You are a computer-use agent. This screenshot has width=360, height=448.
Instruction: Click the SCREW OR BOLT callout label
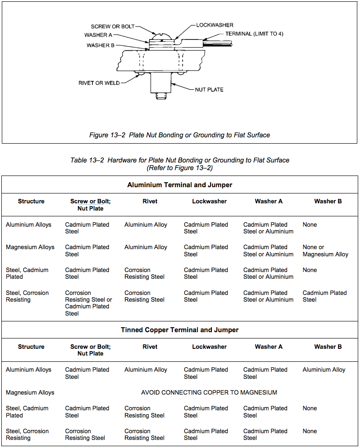pos(113,26)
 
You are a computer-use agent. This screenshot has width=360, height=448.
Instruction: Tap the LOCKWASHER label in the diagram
pos(215,25)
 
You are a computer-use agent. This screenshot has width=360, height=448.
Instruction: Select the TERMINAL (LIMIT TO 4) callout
pos(254,34)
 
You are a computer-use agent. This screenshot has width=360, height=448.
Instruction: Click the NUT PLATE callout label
pos(209,89)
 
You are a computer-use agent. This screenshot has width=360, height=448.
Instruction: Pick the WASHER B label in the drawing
pos(101,45)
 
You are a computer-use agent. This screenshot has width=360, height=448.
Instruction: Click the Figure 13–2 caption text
pos(180,135)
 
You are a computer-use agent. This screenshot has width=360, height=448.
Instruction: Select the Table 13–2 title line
pos(180,160)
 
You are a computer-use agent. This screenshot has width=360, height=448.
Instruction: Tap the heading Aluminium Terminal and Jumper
pos(180,185)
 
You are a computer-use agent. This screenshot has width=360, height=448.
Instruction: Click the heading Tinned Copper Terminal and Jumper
pos(180,330)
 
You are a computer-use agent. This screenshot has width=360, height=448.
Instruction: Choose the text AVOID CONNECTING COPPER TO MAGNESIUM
pos(209,392)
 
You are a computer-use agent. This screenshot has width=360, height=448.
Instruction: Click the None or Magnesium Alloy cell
pos(325,250)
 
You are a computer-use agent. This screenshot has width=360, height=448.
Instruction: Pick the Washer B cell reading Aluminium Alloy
pos(324,370)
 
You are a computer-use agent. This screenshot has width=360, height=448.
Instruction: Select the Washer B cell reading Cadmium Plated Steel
pos(325,296)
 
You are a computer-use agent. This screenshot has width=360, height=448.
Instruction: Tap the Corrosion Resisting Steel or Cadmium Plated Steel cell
pos(88,303)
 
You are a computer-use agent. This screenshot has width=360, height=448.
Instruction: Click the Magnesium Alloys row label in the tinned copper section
pos(30,392)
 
